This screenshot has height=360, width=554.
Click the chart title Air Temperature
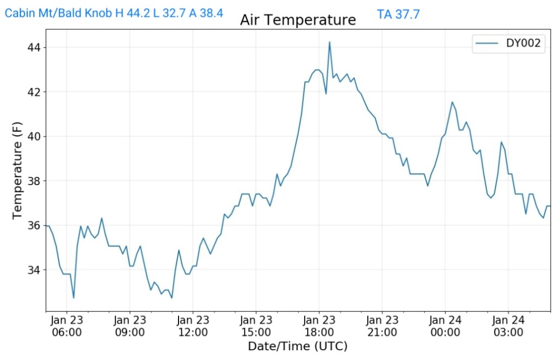(298, 20)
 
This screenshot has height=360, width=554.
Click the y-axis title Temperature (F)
(18, 170)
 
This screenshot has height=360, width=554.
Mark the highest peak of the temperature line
(329, 42)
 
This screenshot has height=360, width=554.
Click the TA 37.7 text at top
(398, 15)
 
